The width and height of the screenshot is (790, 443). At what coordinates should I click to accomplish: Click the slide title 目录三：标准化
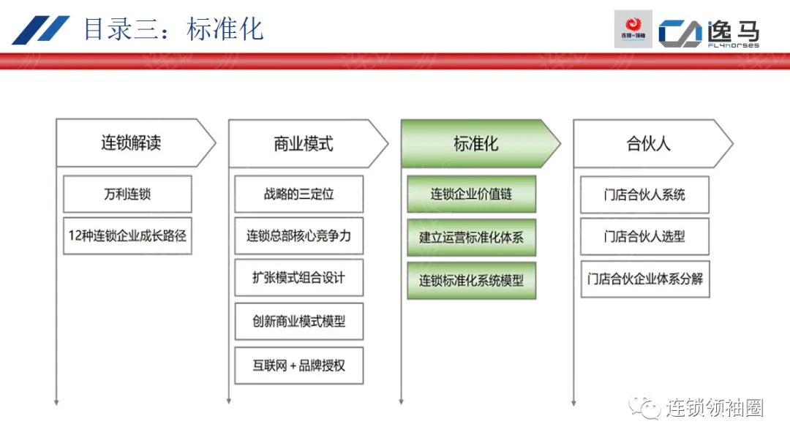[x=173, y=29]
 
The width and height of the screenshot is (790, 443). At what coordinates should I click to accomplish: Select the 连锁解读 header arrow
[x=132, y=143]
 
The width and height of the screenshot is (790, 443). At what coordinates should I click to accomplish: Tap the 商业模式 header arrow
[x=304, y=143]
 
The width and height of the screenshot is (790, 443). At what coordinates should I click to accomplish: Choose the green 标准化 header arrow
[x=476, y=143]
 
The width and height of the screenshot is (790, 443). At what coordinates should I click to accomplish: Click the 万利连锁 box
[x=127, y=194]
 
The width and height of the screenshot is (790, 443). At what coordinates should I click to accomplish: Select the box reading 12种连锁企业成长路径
[x=127, y=235]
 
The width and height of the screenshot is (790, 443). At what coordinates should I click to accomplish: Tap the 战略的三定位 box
[x=298, y=194]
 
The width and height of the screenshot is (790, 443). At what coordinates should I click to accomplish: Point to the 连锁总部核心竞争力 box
[x=298, y=236]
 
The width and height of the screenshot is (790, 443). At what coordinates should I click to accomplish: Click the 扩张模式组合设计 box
[x=298, y=278]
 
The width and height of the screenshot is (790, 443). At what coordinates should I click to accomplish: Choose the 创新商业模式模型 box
[x=298, y=321]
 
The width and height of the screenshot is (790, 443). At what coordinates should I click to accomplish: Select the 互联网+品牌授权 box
[x=298, y=365]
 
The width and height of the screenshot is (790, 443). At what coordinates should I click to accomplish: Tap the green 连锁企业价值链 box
[x=471, y=194]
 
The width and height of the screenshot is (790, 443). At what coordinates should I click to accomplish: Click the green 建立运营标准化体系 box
[x=471, y=237]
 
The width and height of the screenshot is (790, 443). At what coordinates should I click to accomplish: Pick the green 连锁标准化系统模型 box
[x=471, y=280]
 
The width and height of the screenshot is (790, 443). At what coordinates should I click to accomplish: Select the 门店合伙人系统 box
[x=644, y=194]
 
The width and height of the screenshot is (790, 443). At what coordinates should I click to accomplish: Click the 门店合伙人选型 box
[x=644, y=236]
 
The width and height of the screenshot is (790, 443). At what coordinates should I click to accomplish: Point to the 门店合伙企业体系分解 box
[x=644, y=279]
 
